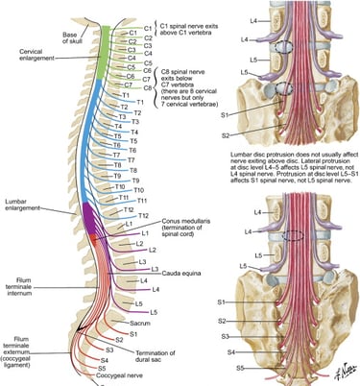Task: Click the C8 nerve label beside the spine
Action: click(118, 86)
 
